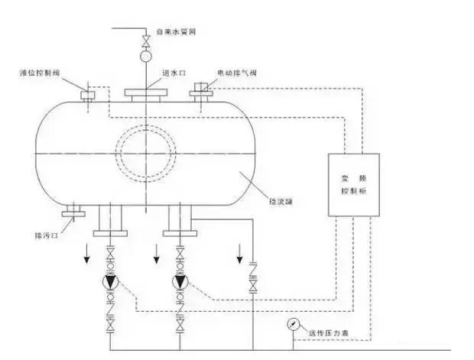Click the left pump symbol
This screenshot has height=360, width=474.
(109, 281)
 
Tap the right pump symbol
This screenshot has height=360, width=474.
(180, 281)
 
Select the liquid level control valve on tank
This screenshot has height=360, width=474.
(86, 95)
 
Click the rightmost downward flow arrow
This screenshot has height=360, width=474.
(239, 252)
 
